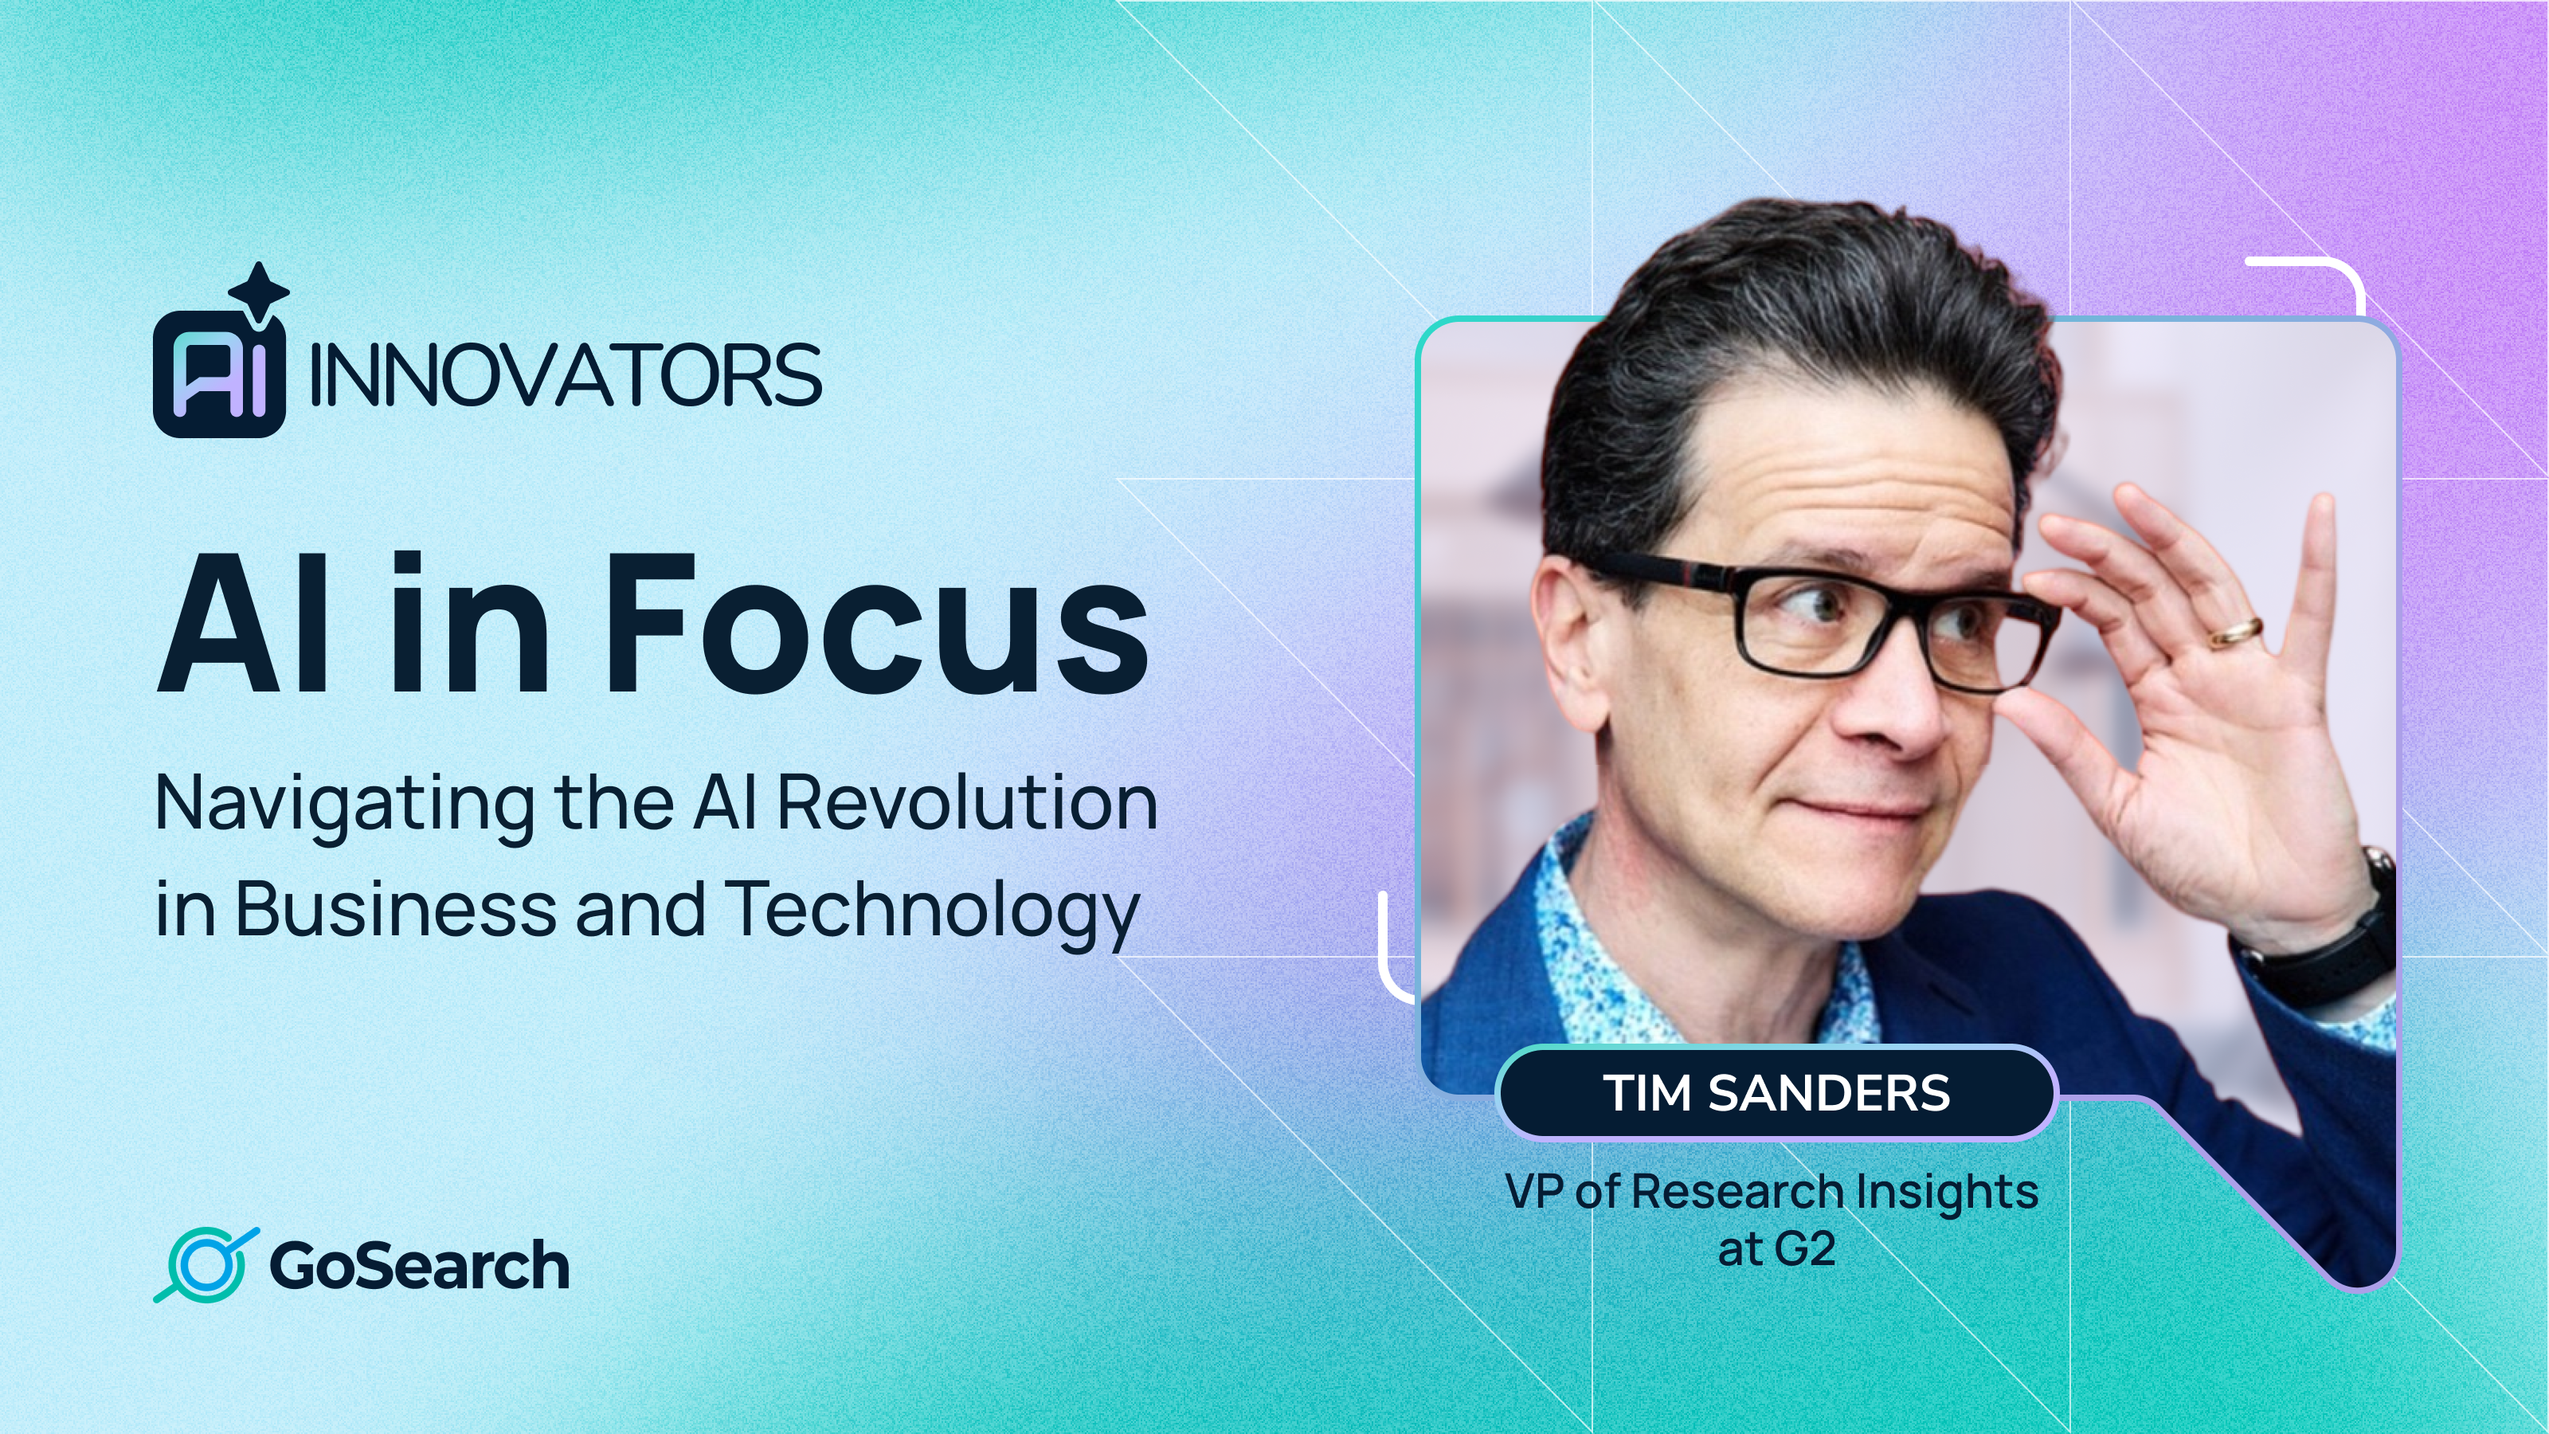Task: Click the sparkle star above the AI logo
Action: click(x=258, y=291)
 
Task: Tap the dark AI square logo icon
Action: click(x=219, y=375)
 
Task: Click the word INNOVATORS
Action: click(x=565, y=376)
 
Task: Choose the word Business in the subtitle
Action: click(x=396, y=908)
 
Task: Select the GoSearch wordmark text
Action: click(x=420, y=1266)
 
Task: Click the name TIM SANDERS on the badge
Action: click(x=1776, y=1092)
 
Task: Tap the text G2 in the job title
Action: click(x=1806, y=1249)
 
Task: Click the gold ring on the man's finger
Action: click(x=2235, y=632)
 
